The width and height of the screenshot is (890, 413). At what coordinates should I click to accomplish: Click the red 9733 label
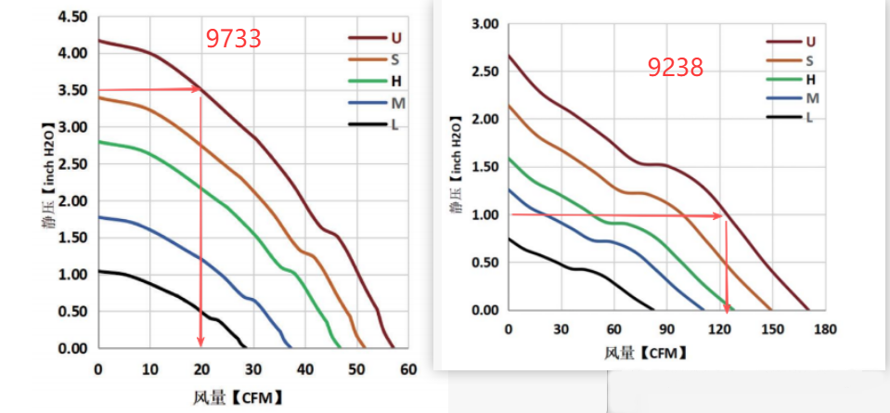[233, 38]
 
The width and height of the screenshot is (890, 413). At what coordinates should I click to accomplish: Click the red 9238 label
[676, 67]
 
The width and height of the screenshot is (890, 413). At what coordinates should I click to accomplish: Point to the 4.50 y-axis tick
[72, 17]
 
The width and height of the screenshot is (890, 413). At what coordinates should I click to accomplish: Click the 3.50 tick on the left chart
[72, 91]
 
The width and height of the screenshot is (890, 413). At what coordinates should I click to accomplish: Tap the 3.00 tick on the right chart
[484, 24]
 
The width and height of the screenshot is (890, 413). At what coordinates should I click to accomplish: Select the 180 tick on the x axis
[826, 329]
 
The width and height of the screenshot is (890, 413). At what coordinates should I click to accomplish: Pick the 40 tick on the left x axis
[305, 368]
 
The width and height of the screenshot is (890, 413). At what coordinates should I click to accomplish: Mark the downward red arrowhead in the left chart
[200, 342]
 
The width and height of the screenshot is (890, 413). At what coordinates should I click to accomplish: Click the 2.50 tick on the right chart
[484, 71]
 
